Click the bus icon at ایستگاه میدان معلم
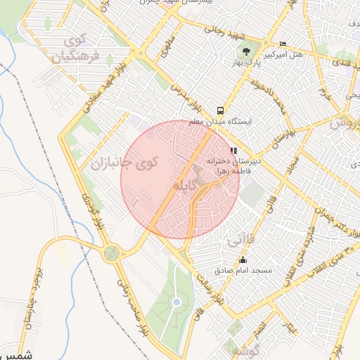221,110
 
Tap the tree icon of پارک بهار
246,51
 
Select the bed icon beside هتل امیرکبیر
283,44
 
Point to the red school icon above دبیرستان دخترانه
233,150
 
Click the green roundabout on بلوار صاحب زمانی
111,253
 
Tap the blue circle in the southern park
177,302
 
